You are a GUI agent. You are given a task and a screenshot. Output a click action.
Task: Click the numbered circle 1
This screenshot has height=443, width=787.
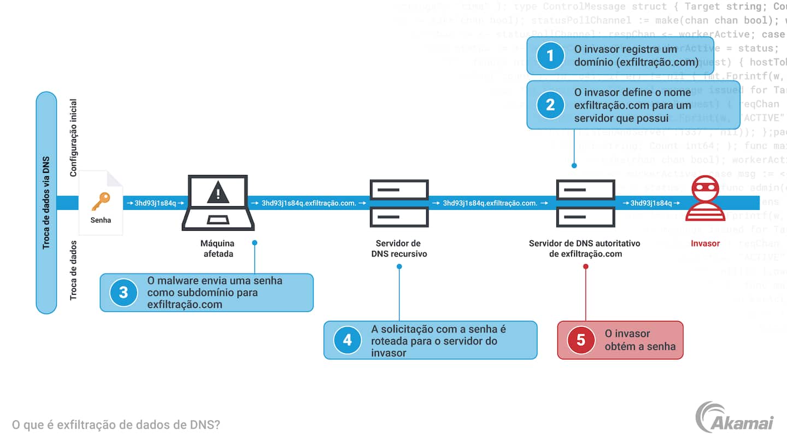pos(550,56)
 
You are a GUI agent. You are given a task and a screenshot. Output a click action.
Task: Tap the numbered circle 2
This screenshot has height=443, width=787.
pos(550,104)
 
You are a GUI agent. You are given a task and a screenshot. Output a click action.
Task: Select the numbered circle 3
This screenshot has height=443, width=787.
pos(124,292)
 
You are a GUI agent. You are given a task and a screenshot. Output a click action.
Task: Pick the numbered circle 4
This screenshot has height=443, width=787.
pos(348,340)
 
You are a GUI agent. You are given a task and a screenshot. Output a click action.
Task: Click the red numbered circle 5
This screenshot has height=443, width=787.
pos(581,340)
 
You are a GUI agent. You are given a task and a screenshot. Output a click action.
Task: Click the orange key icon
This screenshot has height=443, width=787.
pos(101,201)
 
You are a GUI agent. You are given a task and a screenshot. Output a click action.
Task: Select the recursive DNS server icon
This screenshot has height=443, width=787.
pos(399,203)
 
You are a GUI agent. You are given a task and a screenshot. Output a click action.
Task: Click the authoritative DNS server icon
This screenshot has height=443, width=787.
pos(585,203)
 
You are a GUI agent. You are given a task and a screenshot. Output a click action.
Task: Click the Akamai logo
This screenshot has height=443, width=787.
pos(735,418)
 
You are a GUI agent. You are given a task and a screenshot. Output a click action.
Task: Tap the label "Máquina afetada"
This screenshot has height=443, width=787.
pos(218,248)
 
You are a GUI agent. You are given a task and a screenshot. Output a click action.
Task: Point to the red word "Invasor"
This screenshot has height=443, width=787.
pos(705,243)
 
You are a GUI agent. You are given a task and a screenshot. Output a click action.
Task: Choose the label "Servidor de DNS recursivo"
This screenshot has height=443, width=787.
pos(399,248)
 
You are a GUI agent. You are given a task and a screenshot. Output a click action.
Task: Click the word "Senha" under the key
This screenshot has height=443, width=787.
pos(101,220)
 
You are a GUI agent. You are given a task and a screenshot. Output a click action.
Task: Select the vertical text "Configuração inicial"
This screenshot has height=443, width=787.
pos(73,138)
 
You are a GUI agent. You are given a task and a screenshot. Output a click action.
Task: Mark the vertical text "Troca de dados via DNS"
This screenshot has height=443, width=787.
pos(46,202)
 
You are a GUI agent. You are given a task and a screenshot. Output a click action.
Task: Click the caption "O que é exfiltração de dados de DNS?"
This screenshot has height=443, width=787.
pos(116,424)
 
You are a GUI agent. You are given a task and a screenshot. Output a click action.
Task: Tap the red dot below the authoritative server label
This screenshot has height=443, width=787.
pos(585,267)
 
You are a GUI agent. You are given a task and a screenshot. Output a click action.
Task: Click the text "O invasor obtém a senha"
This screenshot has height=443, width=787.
pos(639,340)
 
